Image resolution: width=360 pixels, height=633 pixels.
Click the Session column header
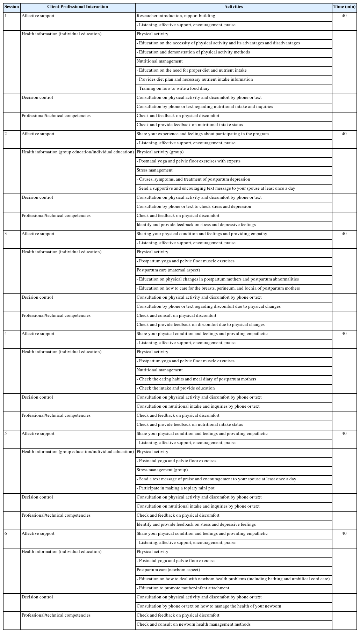coord(12,7)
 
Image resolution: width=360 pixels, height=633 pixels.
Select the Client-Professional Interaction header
coord(78,7)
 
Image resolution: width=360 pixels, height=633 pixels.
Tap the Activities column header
coord(233,7)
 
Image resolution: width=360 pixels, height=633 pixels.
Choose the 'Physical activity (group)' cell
coord(160,152)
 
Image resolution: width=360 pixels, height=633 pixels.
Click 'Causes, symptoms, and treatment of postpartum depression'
coord(194,179)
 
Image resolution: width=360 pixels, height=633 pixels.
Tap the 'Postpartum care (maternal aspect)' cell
coord(168,270)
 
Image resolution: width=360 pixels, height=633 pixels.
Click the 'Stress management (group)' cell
coord(162,470)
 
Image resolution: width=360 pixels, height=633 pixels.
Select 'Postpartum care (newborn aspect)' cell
coord(168,570)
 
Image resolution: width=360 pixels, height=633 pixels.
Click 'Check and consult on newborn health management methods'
coord(194,624)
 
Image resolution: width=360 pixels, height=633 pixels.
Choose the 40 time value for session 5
coord(344,434)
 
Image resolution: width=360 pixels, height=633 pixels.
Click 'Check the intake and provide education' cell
coord(177,388)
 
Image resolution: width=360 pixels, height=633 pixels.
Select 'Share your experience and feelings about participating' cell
coord(203,134)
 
